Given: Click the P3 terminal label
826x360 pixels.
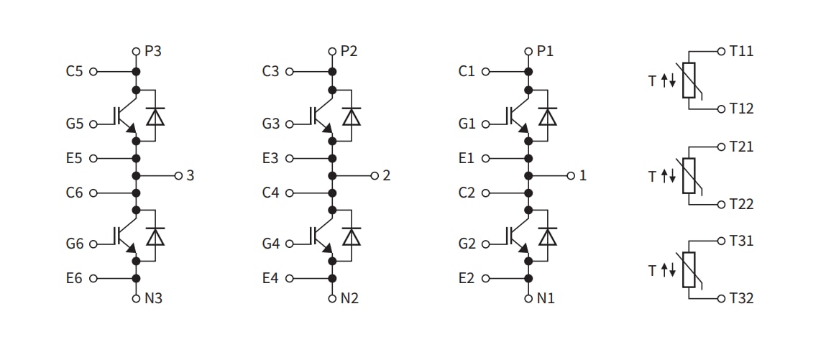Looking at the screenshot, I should tap(153, 52).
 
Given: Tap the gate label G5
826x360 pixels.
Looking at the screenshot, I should tap(74, 124).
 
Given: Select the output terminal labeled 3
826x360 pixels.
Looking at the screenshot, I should tap(191, 175).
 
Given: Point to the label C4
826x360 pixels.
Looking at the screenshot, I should tap(270, 193).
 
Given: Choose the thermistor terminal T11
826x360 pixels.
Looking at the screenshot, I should tap(741, 52).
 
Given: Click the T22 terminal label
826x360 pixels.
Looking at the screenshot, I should tap(741, 204).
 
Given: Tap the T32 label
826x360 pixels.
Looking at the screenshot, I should tap(741, 297).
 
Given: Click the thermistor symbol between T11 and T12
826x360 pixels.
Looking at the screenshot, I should tap(689, 80).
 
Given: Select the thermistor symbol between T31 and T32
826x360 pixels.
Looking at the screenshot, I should tap(689, 269).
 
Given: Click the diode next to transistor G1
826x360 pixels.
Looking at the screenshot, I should tap(549, 116).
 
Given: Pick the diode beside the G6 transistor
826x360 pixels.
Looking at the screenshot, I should tap(155, 236).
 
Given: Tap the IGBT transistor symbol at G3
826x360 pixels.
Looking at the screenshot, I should tap(322, 117).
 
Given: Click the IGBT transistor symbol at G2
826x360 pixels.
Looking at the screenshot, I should tap(518, 236).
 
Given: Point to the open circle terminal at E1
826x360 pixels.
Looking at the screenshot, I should tap(485, 158).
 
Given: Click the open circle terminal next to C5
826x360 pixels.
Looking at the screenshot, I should tap(93, 72).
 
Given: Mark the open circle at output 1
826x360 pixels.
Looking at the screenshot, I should tap(571, 175).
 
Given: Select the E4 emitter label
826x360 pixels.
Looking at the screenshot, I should tap(270, 278).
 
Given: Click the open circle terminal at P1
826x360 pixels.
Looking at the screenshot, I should tap(528, 52).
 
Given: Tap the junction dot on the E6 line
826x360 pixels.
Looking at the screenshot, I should tap(135, 278).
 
